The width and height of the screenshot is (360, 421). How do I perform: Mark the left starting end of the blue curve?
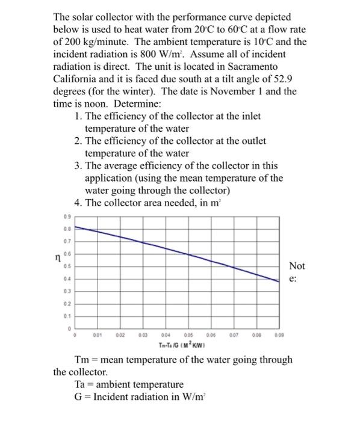pyautogui.click(x=75, y=227)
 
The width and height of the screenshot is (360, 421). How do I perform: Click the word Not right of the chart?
pyautogui.click(x=297, y=266)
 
